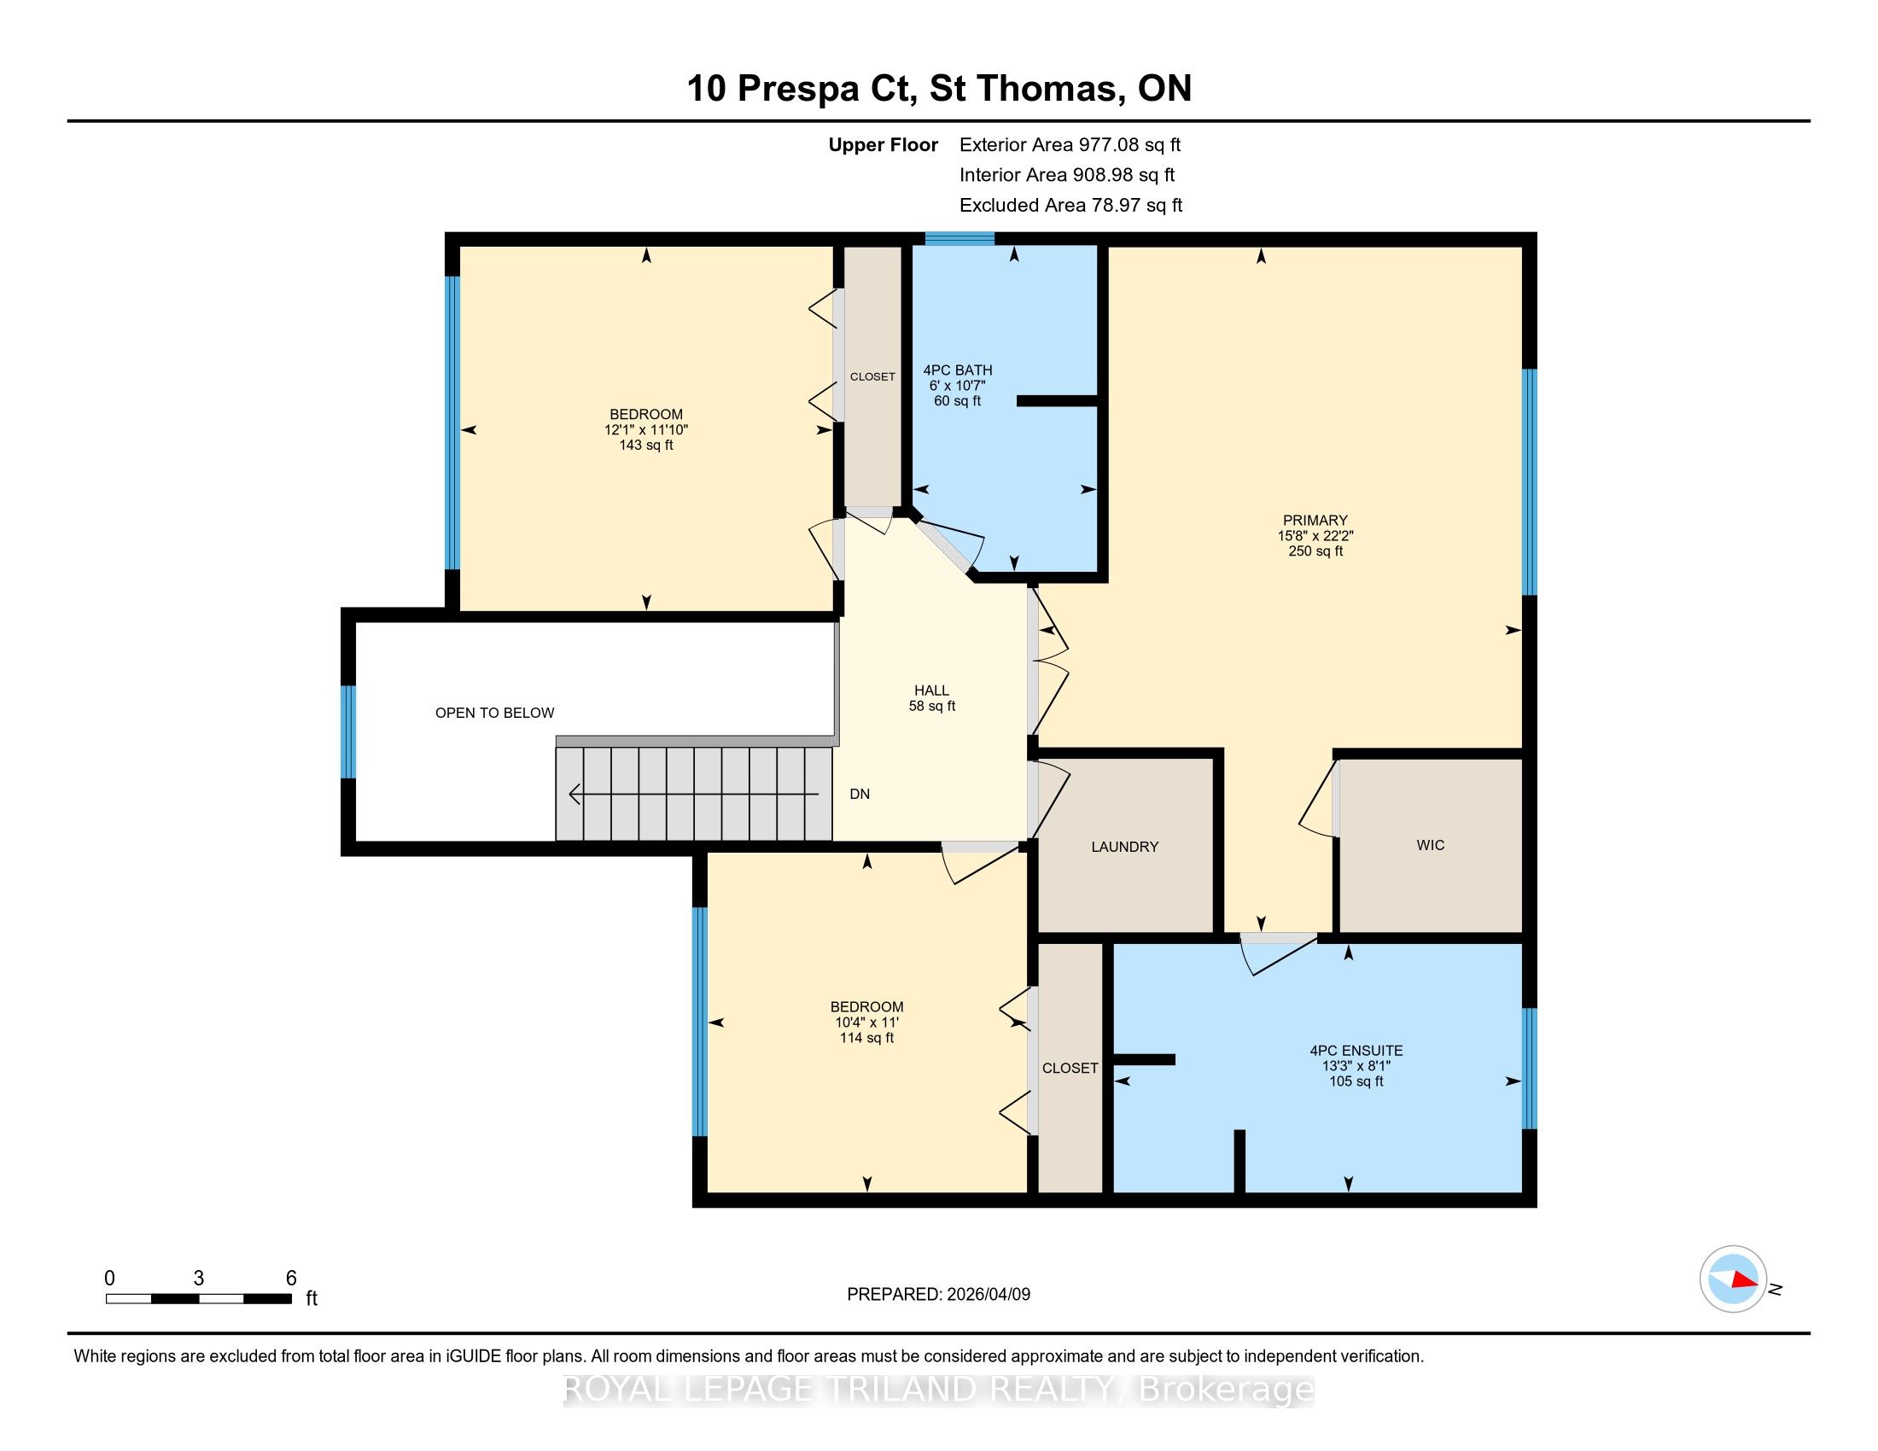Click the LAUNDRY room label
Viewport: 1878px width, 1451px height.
[1125, 847]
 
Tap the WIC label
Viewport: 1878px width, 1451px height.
[1431, 845]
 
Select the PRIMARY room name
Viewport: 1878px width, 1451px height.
[1315, 520]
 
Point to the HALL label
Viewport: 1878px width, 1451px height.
[932, 691]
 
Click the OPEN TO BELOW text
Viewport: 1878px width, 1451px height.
[494, 713]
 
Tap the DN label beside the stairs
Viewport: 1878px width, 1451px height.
[860, 795]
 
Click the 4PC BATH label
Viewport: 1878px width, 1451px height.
[958, 370]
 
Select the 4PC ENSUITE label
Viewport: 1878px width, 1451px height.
[1356, 1051]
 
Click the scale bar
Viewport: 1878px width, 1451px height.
[199, 1298]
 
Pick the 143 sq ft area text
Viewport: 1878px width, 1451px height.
[646, 446]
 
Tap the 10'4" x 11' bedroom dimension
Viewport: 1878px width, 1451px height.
[866, 1022]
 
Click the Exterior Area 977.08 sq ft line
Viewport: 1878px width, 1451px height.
[1070, 144]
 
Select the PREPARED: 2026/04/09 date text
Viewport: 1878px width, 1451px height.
[938, 1294]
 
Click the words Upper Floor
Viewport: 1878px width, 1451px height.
[884, 144]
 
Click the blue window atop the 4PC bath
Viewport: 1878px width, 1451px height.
[959, 239]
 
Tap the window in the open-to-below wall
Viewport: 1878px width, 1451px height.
[348, 731]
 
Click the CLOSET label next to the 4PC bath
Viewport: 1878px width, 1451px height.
[872, 376]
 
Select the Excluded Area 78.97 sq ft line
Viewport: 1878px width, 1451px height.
[1070, 205]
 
